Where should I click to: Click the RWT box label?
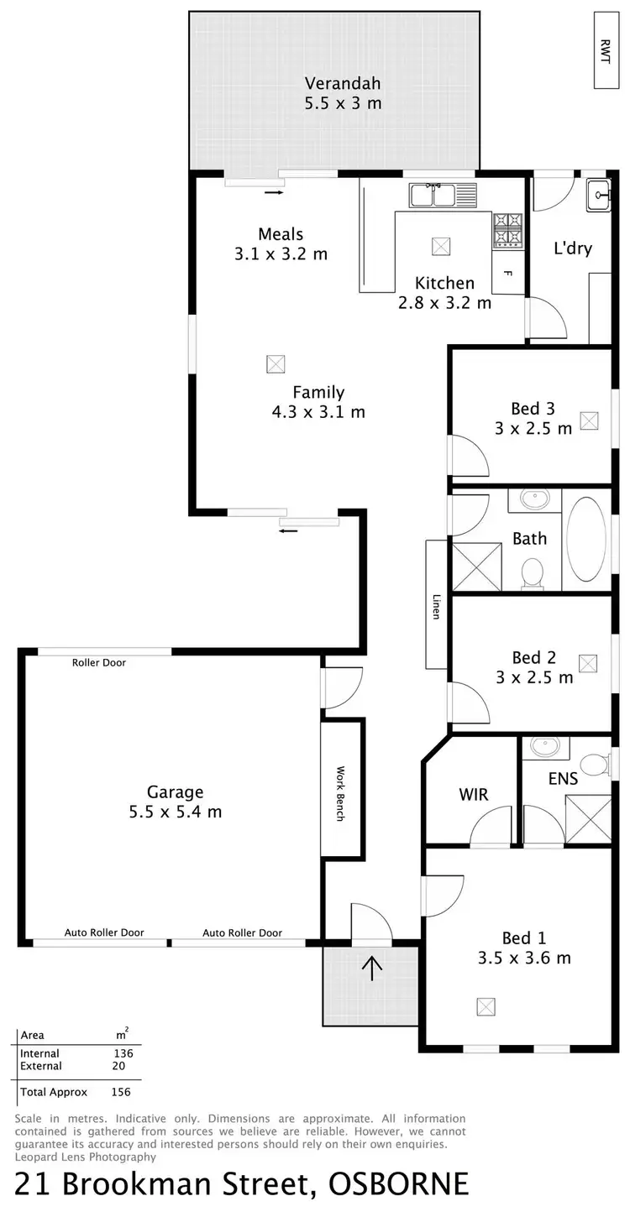click(x=606, y=50)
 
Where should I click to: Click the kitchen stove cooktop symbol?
click(x=507, y=230)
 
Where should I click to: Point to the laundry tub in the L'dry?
click(x=599, y=195)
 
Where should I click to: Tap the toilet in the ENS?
click(x=595, y=764)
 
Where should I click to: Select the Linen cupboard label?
click(x=437, y=606)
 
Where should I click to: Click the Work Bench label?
click(x=341, y=793)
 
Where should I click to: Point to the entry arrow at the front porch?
click(x=371, y=967)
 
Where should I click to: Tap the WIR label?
click(x=473, y=794)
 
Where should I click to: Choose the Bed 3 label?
click(x=533, y=409)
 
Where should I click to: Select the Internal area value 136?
click(x=123, y=1053)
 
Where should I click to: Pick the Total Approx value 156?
click(x=121, y=1092)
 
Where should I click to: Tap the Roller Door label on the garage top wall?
click(x=99, y=663)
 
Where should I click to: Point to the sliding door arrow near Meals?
click(x=274, y=192)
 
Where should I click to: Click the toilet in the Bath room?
click(x=532, y=574)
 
